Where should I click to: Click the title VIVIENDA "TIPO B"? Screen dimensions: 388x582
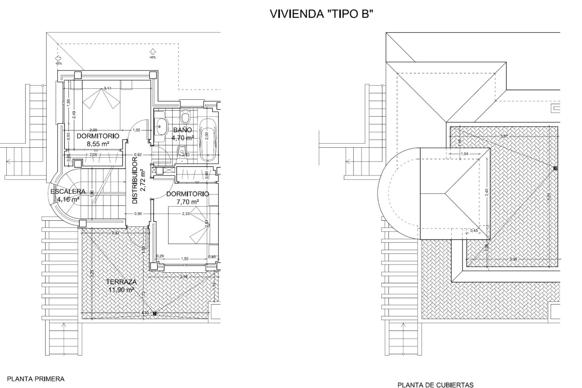(320, 14)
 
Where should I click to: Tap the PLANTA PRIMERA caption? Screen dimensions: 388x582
(36, 379)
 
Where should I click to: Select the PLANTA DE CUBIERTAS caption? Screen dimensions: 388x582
(435, 385)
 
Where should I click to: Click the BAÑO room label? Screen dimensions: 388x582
(182, 130)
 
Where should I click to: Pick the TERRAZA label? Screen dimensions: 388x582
(121, 282)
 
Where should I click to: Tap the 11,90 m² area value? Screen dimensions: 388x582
(121, 290)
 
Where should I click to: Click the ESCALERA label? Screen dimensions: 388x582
(68, 192)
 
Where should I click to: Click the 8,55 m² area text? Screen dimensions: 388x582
(98, 144)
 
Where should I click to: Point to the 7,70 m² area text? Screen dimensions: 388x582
(188, 201)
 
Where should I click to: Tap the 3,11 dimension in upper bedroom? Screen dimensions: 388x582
(107, 88)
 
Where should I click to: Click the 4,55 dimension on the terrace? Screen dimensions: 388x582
(145, 313)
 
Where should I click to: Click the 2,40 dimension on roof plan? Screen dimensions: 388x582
(487, 192)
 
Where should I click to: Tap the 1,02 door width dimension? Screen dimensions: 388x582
(136, 130)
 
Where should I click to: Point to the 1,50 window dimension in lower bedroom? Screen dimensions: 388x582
(184, 259)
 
